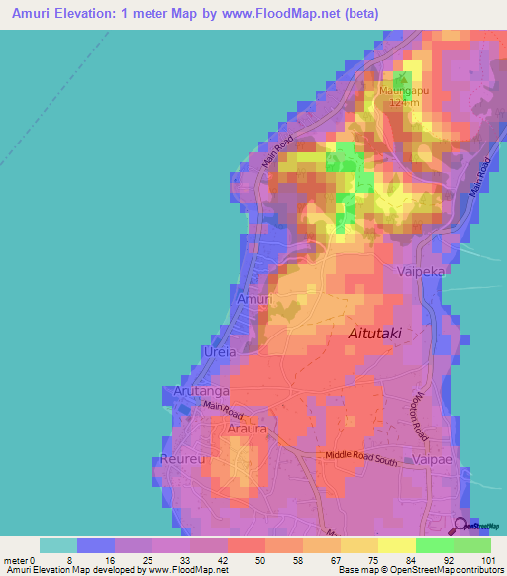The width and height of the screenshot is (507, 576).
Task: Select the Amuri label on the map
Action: (253, 298)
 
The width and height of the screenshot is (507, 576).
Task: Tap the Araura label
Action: (248, 430)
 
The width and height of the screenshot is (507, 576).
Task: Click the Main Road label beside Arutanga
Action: (223, 406)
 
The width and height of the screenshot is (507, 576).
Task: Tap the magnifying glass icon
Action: (461, 526)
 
